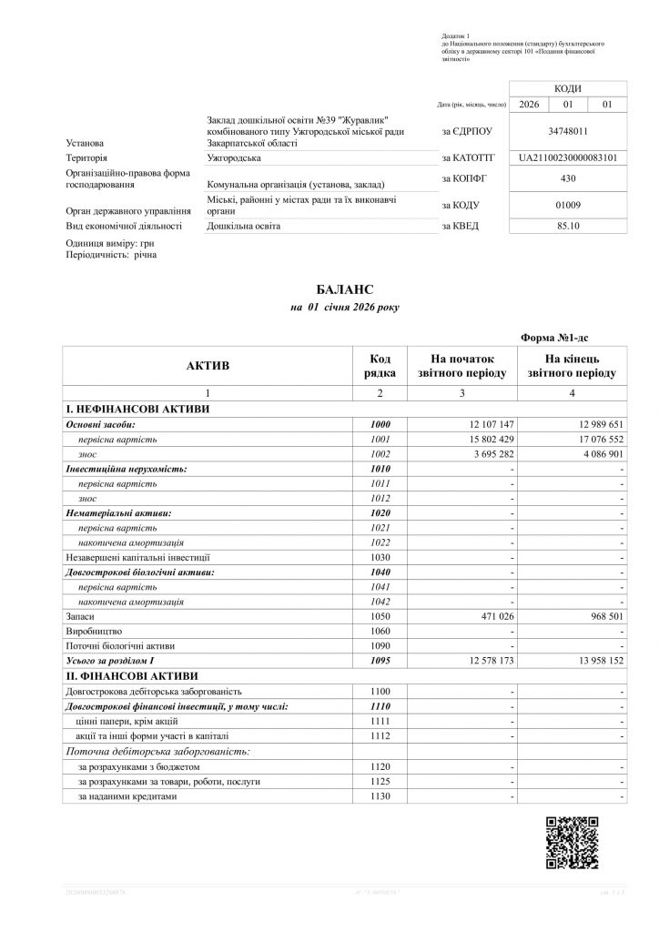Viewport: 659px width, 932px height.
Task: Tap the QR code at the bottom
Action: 573,844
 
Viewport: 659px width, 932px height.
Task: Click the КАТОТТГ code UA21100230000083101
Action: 568,157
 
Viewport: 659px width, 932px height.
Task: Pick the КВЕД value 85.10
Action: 568,226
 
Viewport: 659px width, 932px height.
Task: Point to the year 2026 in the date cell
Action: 528,106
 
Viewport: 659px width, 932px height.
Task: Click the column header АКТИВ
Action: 208,366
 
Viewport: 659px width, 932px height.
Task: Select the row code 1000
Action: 380,425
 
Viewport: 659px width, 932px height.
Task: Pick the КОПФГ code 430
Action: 568,178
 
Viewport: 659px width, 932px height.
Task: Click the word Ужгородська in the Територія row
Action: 234,158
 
